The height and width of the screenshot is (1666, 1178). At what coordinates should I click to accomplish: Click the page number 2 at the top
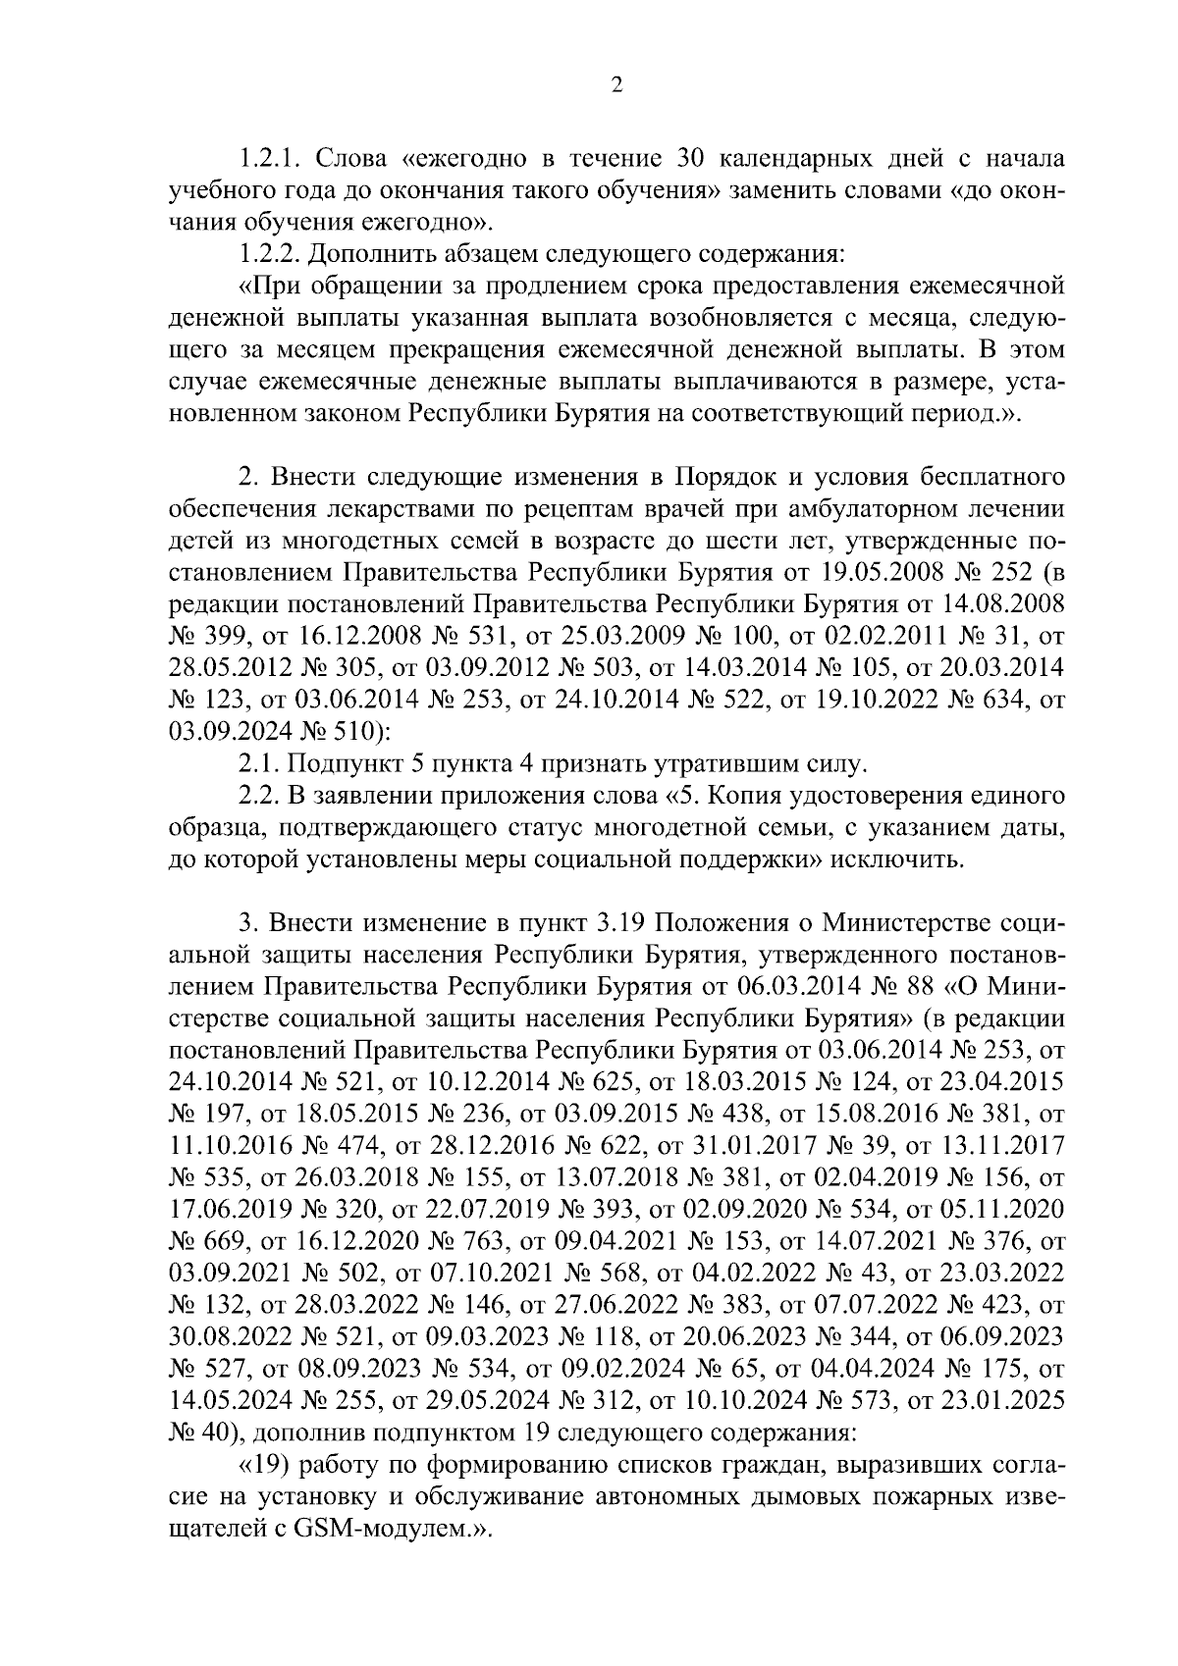(616, 85)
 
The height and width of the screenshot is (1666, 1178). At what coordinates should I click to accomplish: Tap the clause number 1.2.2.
(271, 253)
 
